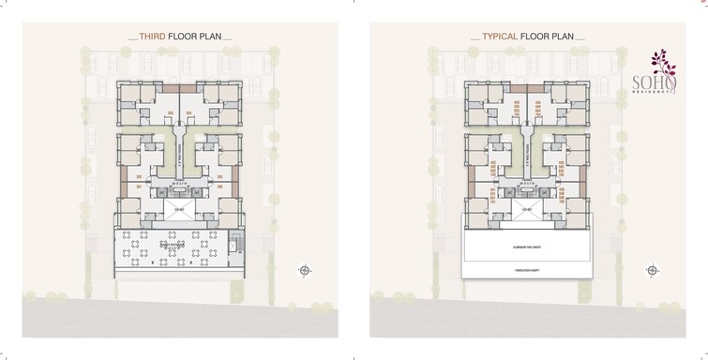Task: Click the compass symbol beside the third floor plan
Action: click(x=304, y=271)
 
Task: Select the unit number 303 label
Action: click(x=170, y=114)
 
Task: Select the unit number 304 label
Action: click(x=189, y=114)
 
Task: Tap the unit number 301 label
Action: click(x=138, y=187)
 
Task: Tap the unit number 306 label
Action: click(x=221, y=187)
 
